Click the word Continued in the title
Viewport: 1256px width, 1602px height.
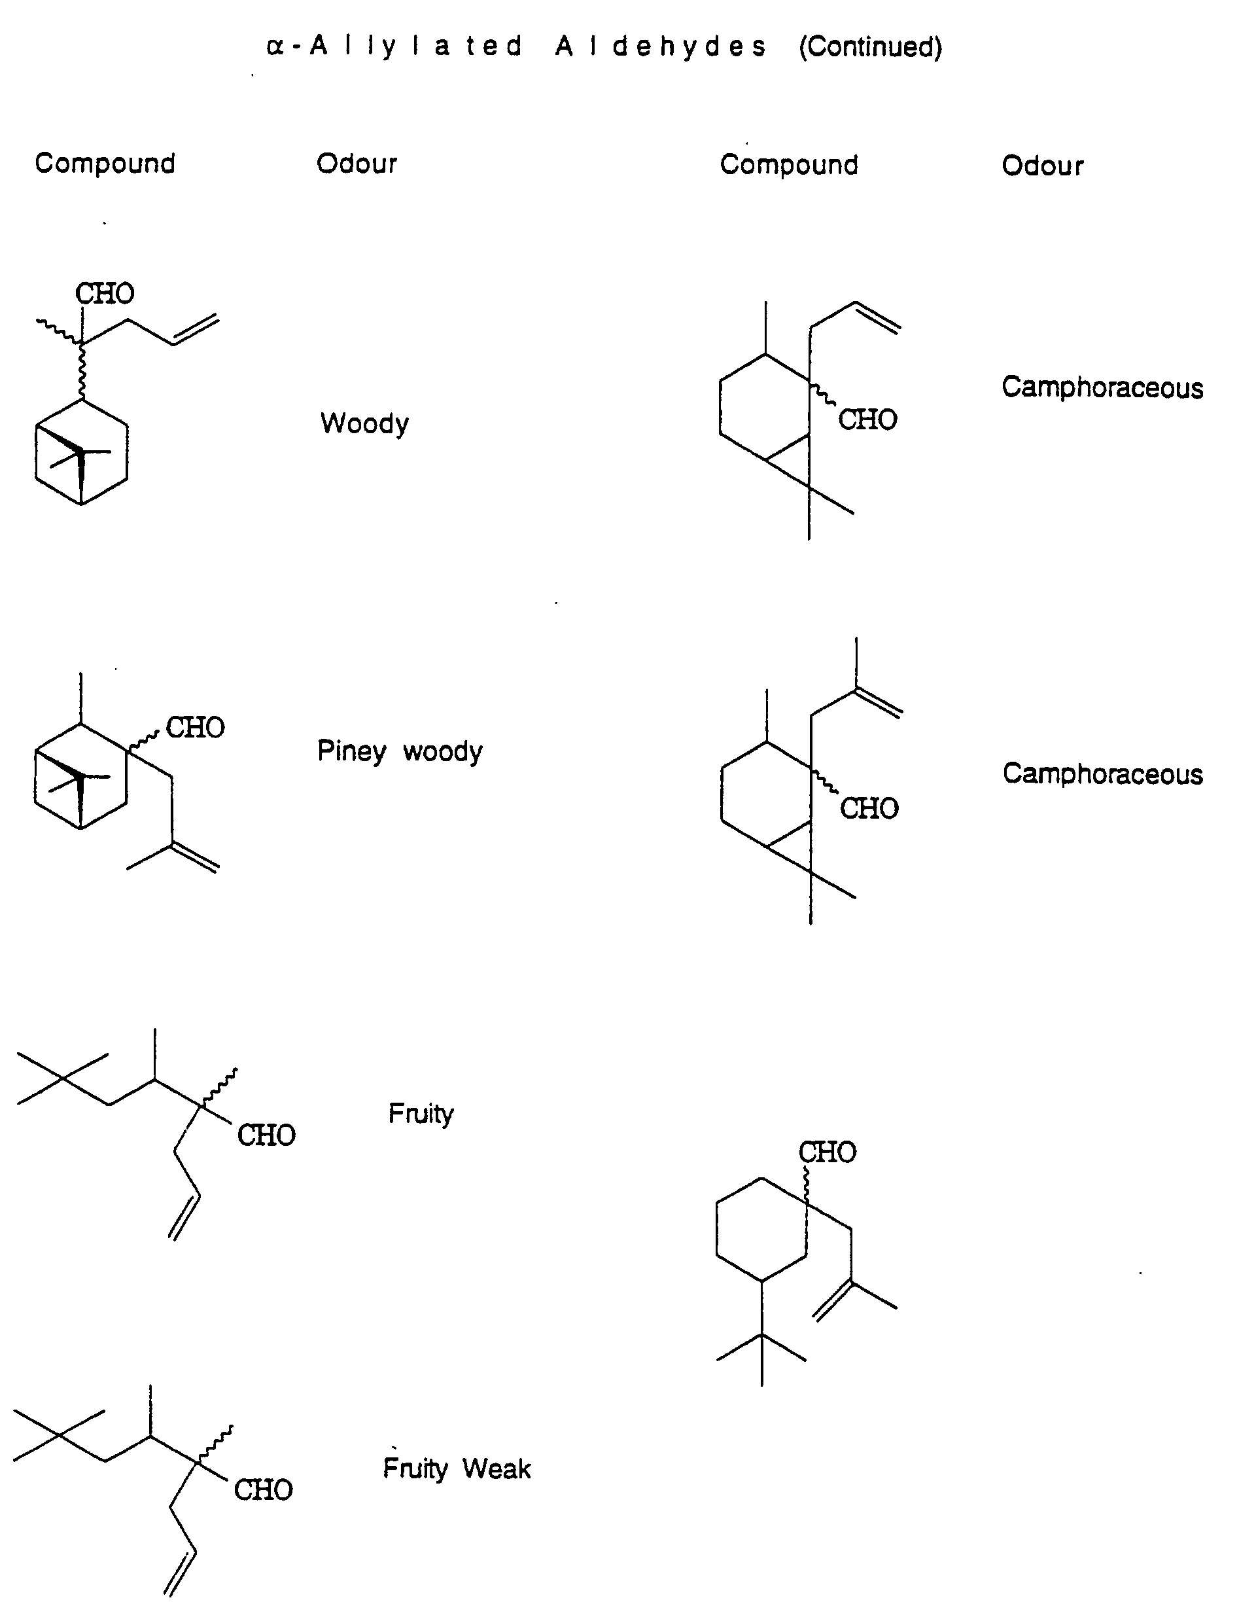point(871,47)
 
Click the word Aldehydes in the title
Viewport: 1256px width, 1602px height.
point(660,46)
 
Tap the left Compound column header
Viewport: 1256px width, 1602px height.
point(105,164)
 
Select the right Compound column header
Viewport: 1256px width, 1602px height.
point(789,165)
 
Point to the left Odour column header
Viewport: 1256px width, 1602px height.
point(357,164)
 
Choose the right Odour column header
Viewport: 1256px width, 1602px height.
point(1042,166)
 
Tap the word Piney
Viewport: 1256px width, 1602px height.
point(351,752)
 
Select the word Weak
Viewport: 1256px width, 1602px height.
point(497,1469)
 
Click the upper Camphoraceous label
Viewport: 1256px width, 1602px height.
point(1102,387)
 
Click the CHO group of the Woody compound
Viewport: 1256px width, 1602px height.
point(105,293)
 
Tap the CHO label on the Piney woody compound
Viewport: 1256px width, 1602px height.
point(195,728)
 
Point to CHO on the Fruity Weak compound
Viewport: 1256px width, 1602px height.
point(263,1490)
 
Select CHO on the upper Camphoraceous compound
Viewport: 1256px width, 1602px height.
point(867,420)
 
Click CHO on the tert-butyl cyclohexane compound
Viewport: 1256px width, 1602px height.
point(828,1152)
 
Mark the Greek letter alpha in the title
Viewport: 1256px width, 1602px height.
point(275,47)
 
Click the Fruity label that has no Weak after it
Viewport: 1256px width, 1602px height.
point(421,1114)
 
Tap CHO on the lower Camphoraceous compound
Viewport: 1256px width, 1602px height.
point(869,808)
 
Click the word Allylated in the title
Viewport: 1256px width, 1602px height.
point(416,46)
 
